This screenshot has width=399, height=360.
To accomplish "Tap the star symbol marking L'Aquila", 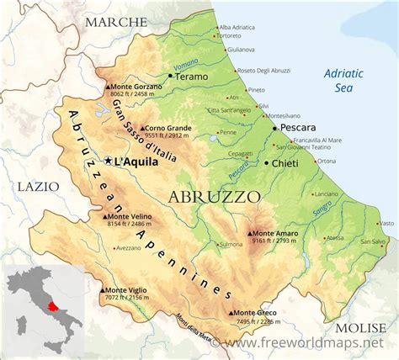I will click(x=108, y=160).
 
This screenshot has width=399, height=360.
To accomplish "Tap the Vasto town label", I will click(x=386, y=223).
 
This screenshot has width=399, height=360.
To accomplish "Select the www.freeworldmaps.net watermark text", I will click(x=306, y=344).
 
